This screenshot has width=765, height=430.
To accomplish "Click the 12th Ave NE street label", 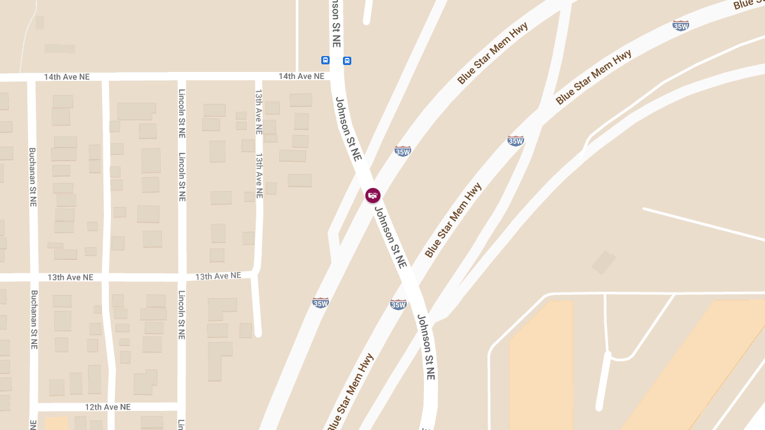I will [x=108, y=406].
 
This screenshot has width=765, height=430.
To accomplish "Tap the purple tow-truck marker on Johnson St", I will [x=373, y=196].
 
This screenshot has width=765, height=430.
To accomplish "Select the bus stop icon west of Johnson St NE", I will [x=326, y=61].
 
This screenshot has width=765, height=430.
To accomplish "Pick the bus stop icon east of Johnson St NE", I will [x=347, y=61].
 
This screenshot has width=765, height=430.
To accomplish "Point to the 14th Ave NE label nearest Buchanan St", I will [x=66, y=77].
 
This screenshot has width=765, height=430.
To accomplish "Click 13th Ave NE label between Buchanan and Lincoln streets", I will [x=70, y=278].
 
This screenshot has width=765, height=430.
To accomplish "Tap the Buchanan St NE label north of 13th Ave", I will [x=33, y=177].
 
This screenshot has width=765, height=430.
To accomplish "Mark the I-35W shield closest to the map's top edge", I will [x=681, y=25].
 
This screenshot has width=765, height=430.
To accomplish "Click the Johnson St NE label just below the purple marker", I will [x=390, y=237].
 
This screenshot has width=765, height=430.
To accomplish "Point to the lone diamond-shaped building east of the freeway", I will [x=604, y=262].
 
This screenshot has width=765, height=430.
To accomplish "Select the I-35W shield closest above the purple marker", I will [x=402, y=151].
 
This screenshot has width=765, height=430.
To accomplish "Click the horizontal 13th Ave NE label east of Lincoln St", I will [x=218, y=276].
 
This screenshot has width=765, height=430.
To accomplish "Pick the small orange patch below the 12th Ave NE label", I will [x=56, y=424].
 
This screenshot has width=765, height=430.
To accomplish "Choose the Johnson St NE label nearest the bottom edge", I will [x=426, y=347].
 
